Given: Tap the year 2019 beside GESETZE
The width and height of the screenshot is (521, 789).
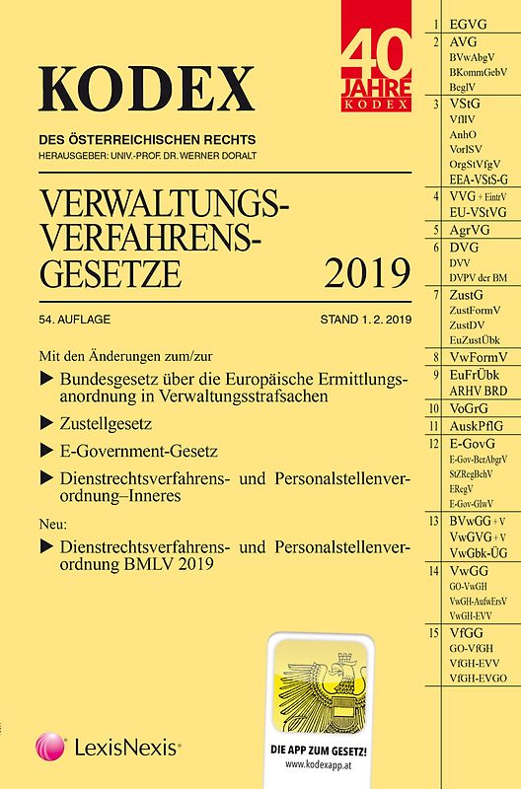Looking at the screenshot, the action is (351, 267).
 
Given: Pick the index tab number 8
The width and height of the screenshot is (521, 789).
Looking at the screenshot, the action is (435, 356).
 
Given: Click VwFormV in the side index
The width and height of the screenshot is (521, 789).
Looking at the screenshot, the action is (474, 356).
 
